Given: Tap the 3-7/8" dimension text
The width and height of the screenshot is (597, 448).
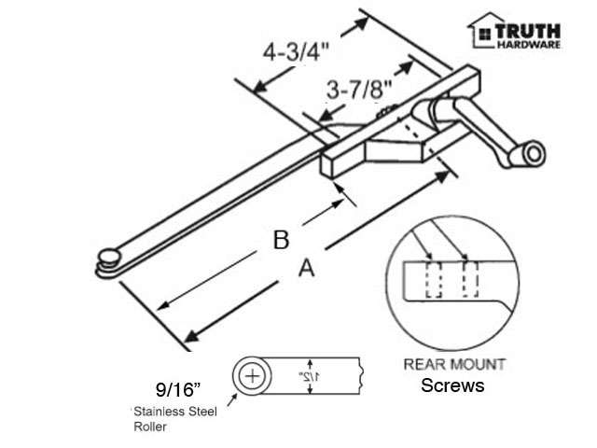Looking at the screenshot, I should (358, 91).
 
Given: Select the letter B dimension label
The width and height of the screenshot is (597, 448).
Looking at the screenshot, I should (280, 240).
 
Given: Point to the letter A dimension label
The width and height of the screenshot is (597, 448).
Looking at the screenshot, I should (304, 269).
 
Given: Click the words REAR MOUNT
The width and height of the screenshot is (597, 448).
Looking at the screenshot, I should (453, 365).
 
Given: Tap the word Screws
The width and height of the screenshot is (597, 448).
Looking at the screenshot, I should (453, 385).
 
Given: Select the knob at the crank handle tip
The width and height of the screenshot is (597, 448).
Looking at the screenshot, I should (535, 153).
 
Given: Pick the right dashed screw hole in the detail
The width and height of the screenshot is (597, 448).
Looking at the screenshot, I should (470, 278).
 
